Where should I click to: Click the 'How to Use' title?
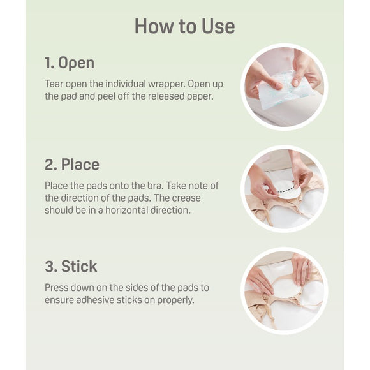click(185, 26)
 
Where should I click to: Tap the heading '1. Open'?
click(70, 63)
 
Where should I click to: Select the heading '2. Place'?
click(72, 165)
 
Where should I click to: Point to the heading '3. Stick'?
click(71, 267)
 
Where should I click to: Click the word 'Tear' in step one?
click(54, 84)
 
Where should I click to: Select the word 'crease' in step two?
click(186, 198)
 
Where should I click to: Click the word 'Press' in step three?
click(56, 288)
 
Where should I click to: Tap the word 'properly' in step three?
click(176, 300)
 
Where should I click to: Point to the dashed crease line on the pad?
click(286, 189)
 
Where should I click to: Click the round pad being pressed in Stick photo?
click(286, 290)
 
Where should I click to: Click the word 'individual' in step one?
click(126, 84)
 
